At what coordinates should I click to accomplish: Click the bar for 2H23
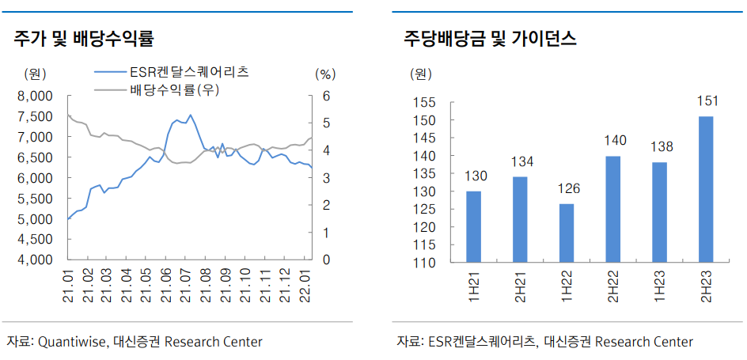tap(706, 189)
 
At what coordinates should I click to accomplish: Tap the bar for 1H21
tap(473, 226)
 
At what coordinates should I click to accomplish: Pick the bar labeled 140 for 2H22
tap(613, 209)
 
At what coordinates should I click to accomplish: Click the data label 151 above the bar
tap(706, 101)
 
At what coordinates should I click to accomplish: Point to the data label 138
tap(660, 147)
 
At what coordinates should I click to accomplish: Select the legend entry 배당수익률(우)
tap(174, 89)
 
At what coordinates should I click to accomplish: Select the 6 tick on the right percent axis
tap(325, 96)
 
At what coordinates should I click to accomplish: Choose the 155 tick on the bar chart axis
tap(426, 103)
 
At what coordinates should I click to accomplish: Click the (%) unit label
tap(325, 74)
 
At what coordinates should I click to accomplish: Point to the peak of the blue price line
tap(190, 116)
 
